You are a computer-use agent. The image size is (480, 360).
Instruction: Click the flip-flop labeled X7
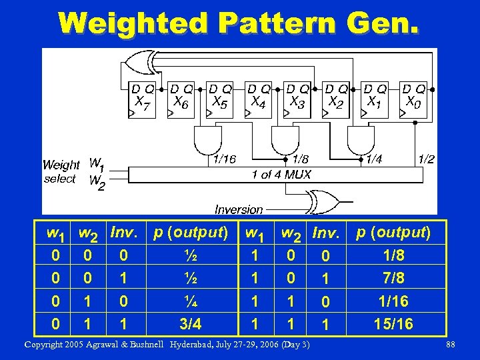pos(143,100)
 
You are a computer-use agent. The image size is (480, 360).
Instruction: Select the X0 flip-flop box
pos(413,100)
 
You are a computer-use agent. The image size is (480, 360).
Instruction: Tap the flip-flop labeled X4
pos(259,100)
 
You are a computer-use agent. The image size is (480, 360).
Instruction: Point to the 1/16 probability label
pos(223,159)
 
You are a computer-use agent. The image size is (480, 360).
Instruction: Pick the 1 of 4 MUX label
pos(281,175)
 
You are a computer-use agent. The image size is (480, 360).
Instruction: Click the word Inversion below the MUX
pos(239,209)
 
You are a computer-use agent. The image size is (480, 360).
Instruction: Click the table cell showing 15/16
pos(394,324)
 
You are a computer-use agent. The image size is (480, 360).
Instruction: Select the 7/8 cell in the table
pos(394,278)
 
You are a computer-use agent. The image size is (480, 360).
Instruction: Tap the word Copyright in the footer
pos(47,345)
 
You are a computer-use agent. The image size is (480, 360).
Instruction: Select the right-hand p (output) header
pos(394,233)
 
